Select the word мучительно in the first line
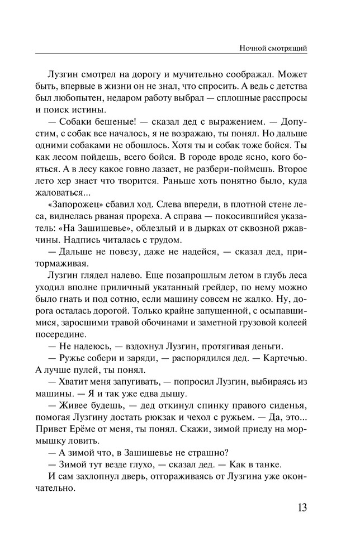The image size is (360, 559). pyautogui.click(x=204, y=74)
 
